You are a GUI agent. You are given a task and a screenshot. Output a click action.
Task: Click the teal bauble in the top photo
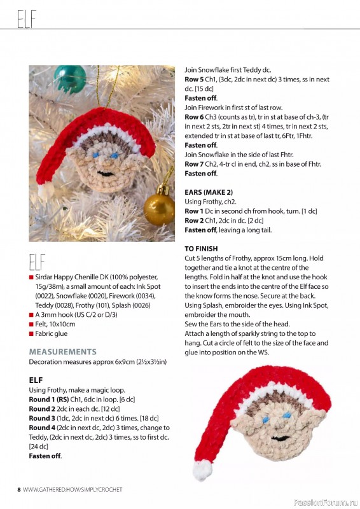pos(69,79)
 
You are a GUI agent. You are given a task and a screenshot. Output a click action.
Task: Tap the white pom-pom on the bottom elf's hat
pos(202,470)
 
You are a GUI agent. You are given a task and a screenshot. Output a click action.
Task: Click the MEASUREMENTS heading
pos(63,351)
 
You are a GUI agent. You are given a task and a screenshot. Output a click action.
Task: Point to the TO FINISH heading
pos(201,248)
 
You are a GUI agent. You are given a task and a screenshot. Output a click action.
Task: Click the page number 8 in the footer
pos(19,489)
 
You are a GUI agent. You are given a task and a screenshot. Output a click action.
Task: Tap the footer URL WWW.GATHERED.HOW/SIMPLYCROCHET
pos(73,489)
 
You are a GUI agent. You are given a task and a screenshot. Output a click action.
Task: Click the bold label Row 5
pos(195,79)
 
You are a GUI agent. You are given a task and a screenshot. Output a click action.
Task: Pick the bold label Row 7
pos(195,164)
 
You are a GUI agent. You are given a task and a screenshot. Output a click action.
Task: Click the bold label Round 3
pos(43,418)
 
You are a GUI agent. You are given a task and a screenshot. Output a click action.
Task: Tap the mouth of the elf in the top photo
pos(107,171)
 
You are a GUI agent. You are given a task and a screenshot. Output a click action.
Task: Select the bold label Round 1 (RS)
pos(50,399)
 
